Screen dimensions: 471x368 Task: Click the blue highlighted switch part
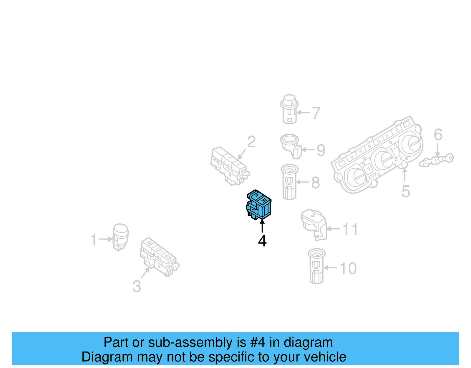click(259, 205)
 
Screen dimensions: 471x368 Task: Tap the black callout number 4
click(262, 241)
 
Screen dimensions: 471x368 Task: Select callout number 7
click(316, 113)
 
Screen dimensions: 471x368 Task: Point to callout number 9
click(321, 150)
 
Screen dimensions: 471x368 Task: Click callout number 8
click(315, 183)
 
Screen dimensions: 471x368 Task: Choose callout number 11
click(350, 229)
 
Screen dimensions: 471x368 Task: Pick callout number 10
click(348, 268)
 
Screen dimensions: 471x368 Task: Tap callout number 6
click(438, 135)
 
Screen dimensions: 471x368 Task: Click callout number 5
click(406, 192)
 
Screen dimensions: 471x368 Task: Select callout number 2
click(251, 142)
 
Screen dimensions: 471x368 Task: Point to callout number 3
click(137, 286)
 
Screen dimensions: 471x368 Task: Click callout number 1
click(93, 240)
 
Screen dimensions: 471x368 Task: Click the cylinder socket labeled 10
click(316, 266)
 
